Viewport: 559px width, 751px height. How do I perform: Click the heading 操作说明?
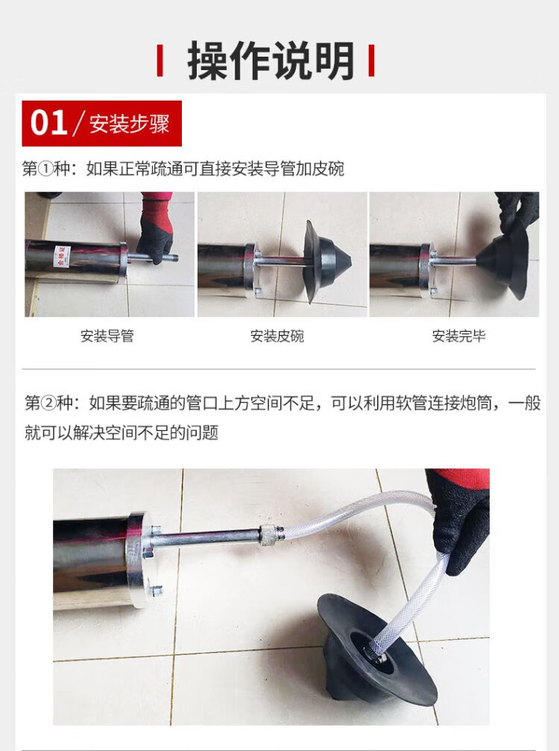click(271, 61)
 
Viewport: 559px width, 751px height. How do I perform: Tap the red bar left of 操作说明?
click(160, 60)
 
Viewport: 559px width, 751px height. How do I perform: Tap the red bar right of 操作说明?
click(371, 60)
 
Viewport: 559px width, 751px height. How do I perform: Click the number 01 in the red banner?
click(48, 123)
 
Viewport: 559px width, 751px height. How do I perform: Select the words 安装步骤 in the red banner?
click(129, 124)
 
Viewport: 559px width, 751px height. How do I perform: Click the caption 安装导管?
click(107, 336)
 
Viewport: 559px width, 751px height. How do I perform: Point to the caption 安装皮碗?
click(277, 336)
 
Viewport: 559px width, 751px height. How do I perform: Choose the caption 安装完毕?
click(458, 336)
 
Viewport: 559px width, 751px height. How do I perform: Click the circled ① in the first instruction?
click(45, 169)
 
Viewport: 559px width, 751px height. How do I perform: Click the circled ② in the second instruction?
click(48, 403)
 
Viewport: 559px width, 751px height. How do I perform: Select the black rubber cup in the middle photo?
click(326, 262)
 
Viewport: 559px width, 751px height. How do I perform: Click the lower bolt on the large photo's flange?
click(154, 591)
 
